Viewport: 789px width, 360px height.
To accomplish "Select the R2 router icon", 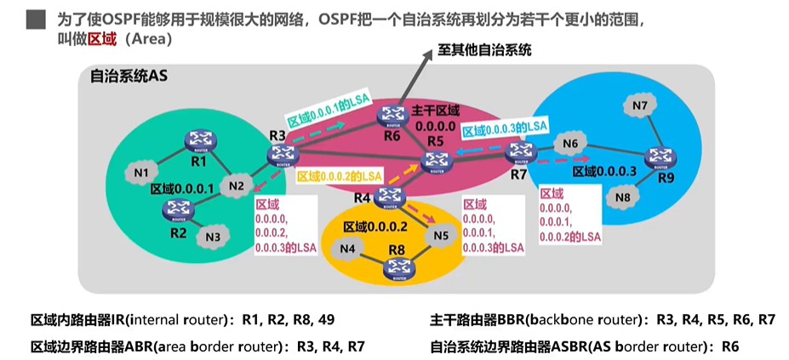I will tap(180, 207).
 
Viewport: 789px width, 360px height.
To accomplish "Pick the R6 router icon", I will tap(392, 114).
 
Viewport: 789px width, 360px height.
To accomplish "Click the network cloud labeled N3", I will tap(213, 236).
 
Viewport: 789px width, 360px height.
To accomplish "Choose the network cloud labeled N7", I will tap(641, 106).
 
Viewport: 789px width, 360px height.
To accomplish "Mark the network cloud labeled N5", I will tap(439, 235).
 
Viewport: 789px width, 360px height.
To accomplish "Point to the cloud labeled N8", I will tap(623, 197).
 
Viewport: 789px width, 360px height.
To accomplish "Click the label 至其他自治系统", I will tap(485, 50).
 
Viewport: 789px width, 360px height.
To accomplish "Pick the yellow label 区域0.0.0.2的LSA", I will tap(339, 176).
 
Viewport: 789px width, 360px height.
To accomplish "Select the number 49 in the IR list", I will tap(326, 321).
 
